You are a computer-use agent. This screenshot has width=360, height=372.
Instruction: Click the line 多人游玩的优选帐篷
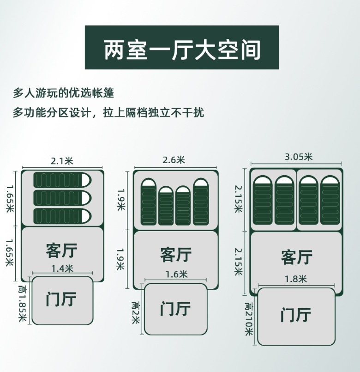click(x=63, y=92)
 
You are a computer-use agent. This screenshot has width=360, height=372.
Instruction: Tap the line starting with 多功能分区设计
click(x=108, y=112)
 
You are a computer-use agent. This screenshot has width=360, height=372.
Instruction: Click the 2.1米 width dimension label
click(x=62, y=161)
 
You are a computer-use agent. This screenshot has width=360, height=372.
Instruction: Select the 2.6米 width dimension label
click(x=174, y=160)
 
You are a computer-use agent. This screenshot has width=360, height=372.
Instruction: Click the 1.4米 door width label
click(x=62, y=268)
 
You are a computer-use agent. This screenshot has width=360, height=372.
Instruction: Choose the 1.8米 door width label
click(x=296, y=279)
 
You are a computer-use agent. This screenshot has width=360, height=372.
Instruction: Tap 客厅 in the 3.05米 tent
click(x=296, y=257)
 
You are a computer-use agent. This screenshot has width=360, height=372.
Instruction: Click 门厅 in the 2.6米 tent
click(x=176, y=308)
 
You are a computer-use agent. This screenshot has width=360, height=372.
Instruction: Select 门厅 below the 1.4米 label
click(x=61, y=299)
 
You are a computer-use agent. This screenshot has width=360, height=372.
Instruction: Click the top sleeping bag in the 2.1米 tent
click(x=62, y=180)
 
